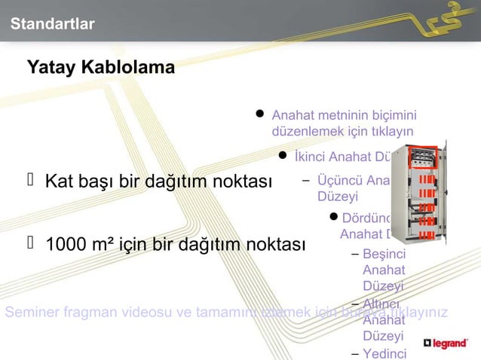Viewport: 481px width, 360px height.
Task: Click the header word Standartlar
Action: point(52,25)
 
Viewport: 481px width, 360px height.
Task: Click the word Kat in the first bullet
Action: point(59,182)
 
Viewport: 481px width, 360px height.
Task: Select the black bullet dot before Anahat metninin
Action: point(259,115)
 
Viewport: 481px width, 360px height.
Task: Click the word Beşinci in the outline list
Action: point(384,253)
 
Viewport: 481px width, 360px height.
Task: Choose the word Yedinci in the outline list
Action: point(384,354)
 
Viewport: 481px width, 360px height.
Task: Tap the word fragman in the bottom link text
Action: point(86,313)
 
